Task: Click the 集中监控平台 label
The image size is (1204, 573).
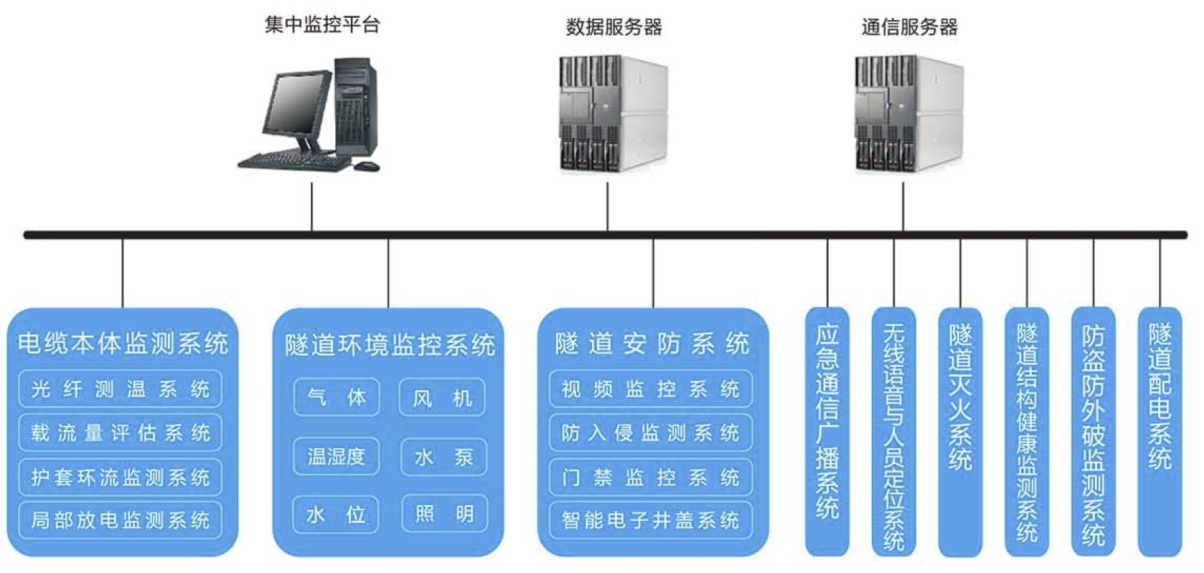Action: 321,25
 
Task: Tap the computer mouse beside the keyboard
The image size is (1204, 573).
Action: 367,166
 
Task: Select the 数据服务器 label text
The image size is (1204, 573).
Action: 613,27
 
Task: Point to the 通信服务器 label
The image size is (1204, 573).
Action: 909,27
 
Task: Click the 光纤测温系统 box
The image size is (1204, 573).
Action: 120,389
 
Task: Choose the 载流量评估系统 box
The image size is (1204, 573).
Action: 120,432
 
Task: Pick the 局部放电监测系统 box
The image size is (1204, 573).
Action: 120,520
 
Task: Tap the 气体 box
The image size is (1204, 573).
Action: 337,397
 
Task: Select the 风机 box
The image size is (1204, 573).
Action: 442,397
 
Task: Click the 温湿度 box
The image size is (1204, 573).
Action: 336,456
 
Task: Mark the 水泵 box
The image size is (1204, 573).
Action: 443,457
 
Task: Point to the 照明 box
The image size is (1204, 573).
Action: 444,513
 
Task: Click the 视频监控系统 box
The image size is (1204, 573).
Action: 650,389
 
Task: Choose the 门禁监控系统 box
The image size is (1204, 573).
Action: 650,477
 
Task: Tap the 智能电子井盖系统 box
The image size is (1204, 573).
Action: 650,520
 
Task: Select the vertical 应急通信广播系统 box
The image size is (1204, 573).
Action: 827,430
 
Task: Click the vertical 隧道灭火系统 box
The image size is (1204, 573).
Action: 960,430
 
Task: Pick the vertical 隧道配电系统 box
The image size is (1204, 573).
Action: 1160,430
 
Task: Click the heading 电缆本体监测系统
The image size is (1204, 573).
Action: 123,343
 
